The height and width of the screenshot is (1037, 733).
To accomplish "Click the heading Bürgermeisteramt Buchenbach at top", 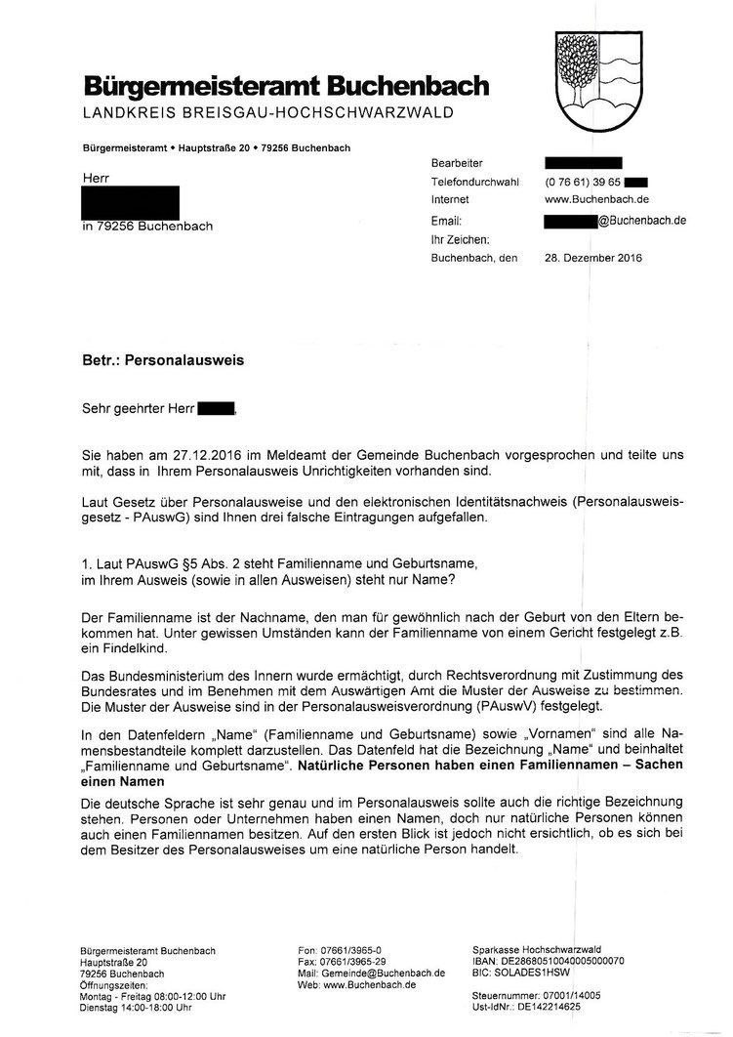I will [286, 87].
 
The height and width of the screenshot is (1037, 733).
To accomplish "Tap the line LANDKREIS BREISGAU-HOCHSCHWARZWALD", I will [268, 113].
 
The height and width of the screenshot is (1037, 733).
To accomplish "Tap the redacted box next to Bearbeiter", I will [583, 163].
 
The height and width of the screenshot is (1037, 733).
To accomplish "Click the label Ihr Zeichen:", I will [460, 239].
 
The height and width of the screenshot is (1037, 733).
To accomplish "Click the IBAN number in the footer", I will [562, 962].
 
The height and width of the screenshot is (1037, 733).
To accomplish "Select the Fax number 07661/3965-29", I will [341, 962].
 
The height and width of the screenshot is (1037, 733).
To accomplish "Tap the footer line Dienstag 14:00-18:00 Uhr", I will [136, 1007].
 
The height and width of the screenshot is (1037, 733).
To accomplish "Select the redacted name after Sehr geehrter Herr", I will [217, 408].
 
